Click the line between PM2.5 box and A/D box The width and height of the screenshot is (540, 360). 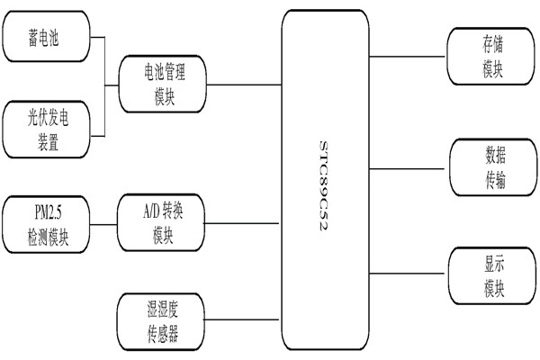(x=103, y=224)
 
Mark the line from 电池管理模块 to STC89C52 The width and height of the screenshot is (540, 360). (x=245, y=85)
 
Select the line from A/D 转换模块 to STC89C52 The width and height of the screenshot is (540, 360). (x=245, y=224)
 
